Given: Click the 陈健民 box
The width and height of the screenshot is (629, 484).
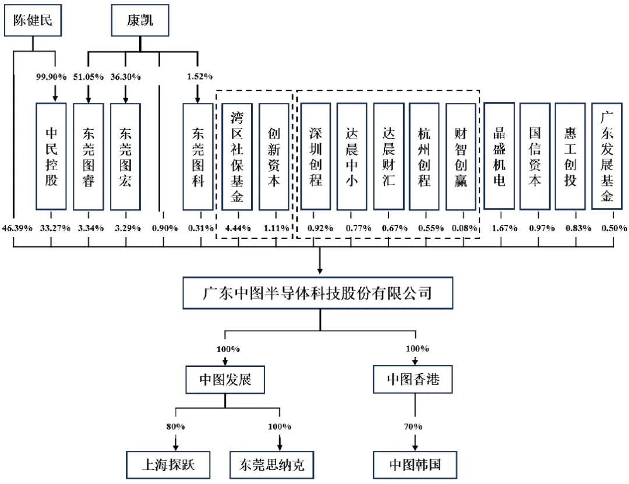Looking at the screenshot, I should (33, 20).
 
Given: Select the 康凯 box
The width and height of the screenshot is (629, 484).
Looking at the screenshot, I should (140, 20).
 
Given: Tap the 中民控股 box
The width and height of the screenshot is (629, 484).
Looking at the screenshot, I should (51, 156).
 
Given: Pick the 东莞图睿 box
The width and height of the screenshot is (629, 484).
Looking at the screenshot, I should (89, 156).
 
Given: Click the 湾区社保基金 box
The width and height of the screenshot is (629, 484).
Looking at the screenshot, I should (237, 156).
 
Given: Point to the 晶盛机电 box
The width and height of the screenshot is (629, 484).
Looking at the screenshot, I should (499, 156).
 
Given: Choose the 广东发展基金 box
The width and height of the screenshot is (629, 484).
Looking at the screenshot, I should (607, 156).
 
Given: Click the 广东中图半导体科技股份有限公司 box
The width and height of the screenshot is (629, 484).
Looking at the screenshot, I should (317, 292).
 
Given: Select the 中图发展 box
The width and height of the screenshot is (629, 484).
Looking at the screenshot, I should (225, 380).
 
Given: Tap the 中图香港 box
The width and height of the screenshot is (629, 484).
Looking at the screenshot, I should (414, 380).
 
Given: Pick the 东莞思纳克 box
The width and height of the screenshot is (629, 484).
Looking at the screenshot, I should (272, 465).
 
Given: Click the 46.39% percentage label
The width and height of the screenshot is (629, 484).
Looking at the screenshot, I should (14, 228).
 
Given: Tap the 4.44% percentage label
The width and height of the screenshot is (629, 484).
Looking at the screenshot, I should (237, 228).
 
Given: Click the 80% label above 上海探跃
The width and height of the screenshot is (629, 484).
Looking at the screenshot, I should (175, 426).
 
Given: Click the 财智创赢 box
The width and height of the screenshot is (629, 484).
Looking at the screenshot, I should (461, 156).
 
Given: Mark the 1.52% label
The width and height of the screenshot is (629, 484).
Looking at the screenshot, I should (200, 76).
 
